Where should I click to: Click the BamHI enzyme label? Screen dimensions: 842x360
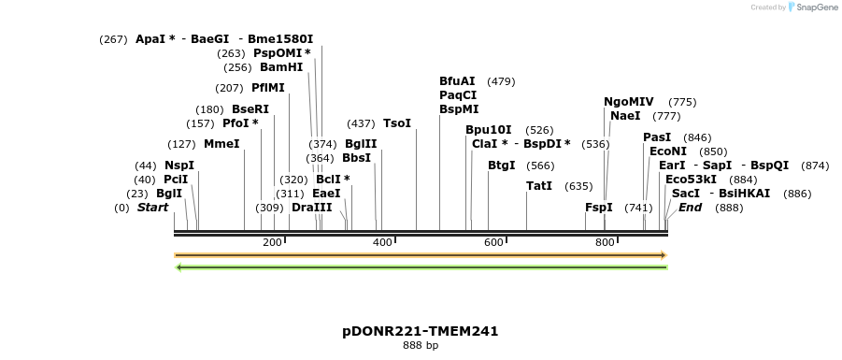pos(281,67)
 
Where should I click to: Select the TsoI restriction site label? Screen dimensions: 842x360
pos(397,123)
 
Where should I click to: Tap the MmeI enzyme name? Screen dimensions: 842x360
pos(221,144)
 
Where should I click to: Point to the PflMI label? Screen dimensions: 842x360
pos(268,88)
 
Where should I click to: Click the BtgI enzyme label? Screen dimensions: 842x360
pos(502,166)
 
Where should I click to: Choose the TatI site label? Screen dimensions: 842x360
pos(540,186)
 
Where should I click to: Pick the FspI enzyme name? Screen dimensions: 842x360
pos(599,207)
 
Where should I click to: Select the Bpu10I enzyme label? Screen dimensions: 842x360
pos(489,130)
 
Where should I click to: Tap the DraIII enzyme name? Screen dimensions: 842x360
pos(311,207)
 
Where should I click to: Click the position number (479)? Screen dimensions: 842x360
pos(502,81)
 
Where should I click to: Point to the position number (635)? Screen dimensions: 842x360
pos(579,186)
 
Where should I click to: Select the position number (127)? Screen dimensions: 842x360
pos(181,144)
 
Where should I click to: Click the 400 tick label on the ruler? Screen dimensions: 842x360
pos(383,243)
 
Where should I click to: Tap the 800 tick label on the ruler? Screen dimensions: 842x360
pos(605,243)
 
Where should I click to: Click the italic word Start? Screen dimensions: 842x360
pos(152,207)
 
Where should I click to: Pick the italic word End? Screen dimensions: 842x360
pos(690,207)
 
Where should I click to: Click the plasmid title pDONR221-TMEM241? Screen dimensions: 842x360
pos(420,331)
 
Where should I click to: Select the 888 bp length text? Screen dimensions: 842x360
pos(421,346)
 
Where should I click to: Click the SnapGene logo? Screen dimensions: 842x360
pos(812,7)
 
